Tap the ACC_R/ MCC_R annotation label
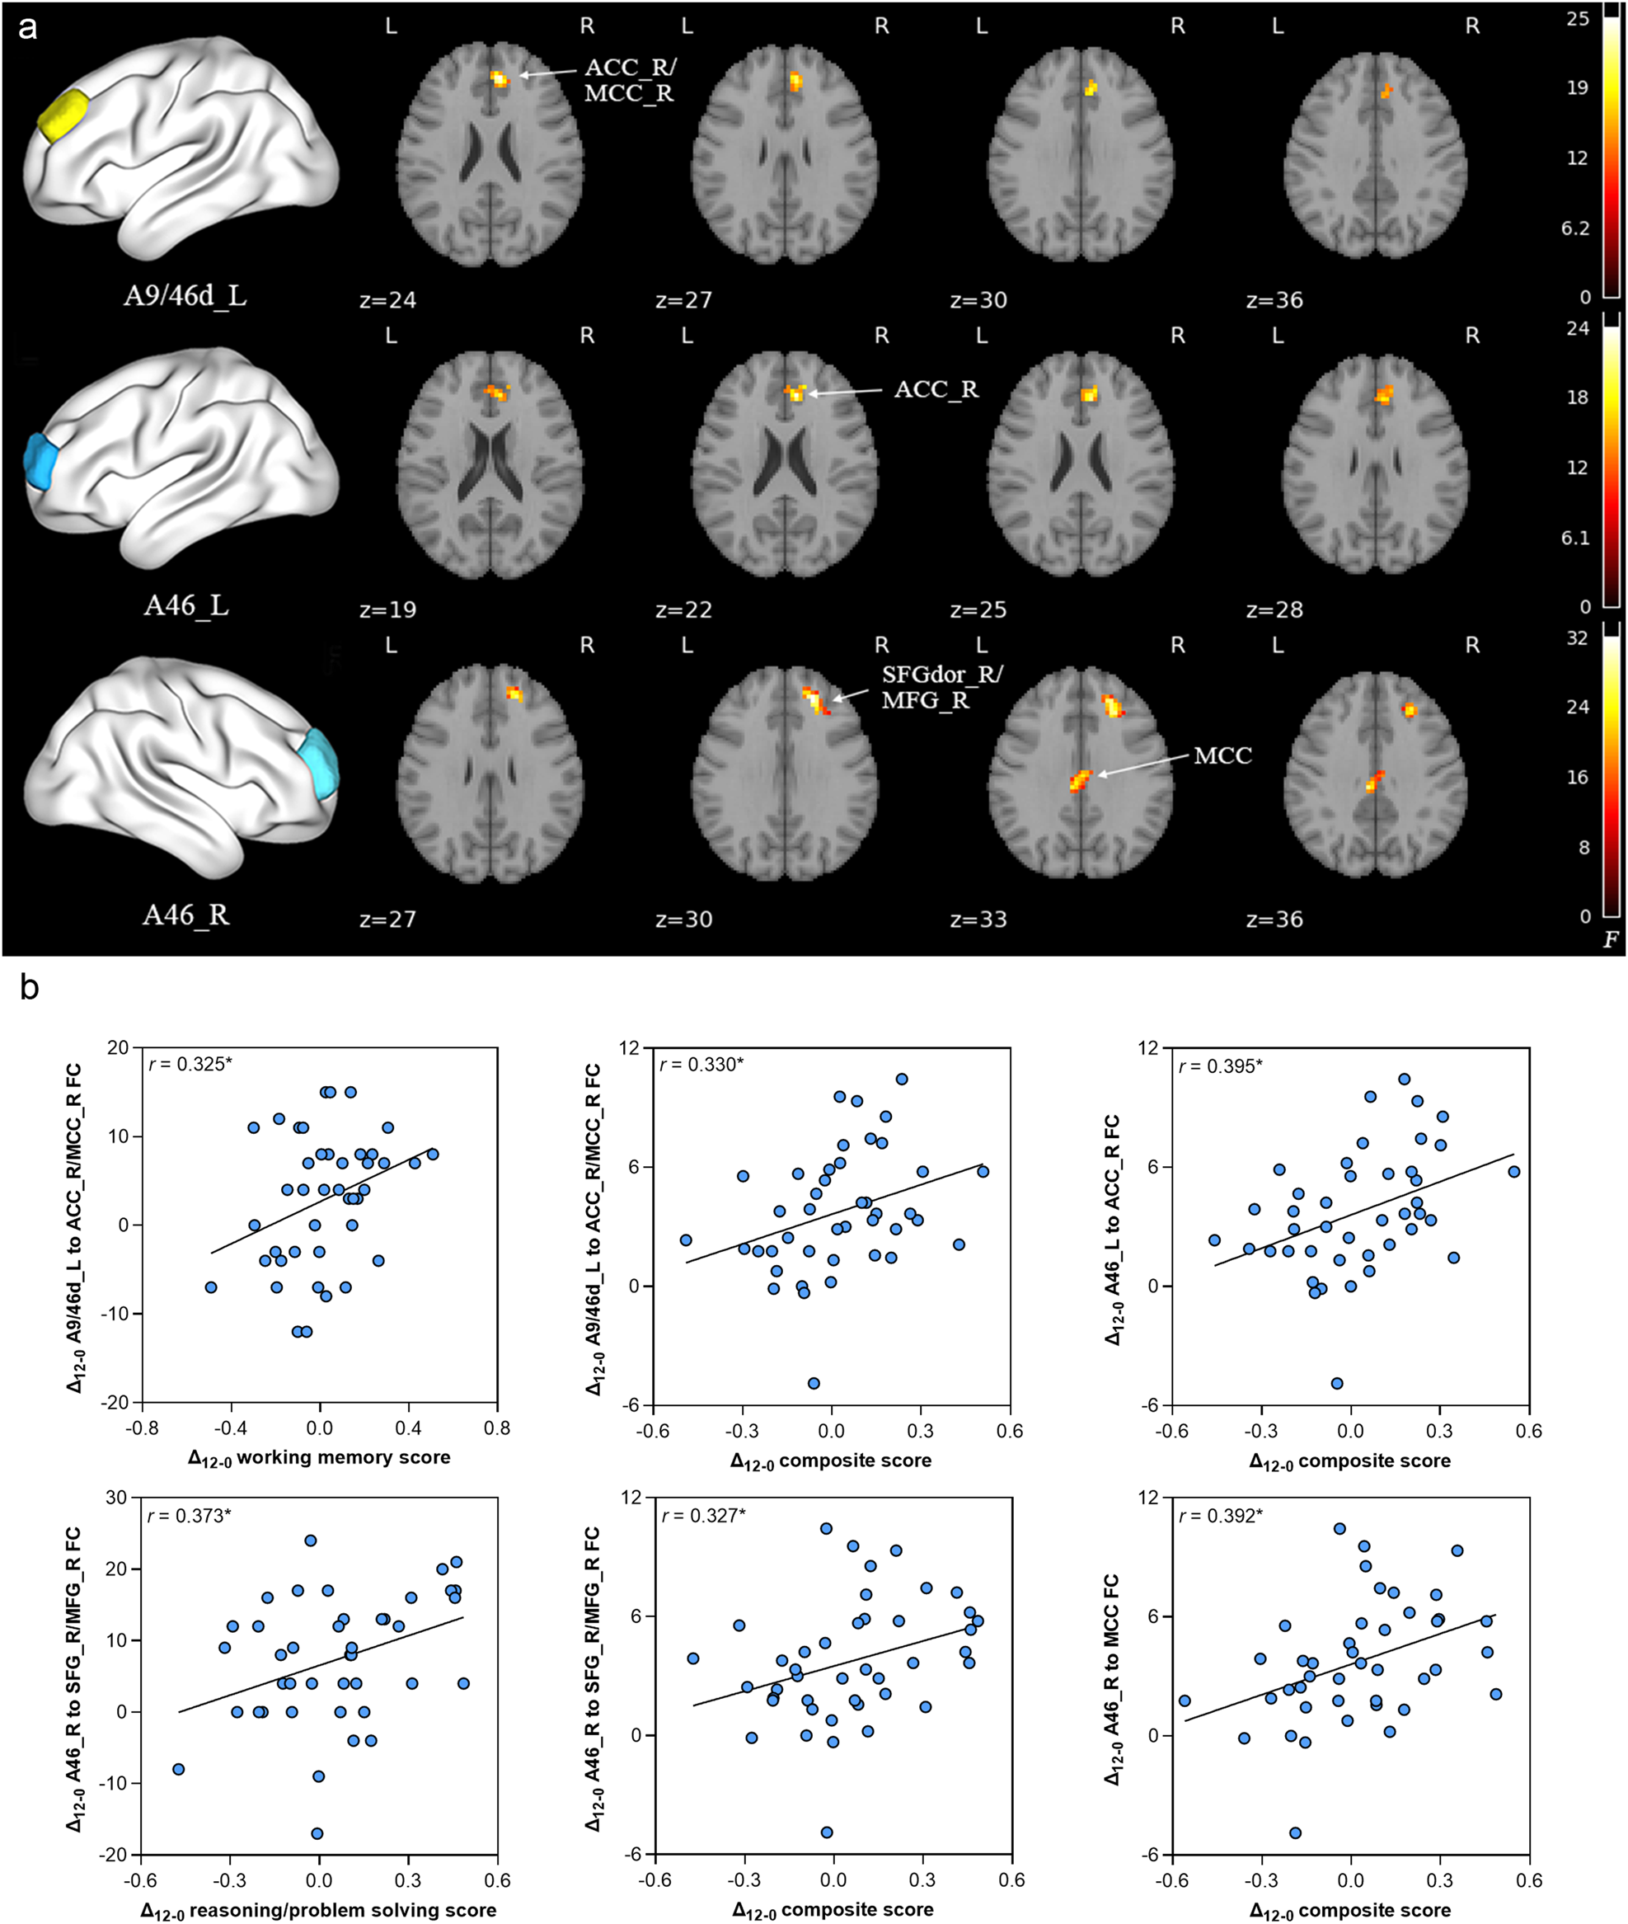630,80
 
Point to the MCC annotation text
1222,756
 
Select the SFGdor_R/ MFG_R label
941,688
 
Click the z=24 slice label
387,300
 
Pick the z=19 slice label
387,609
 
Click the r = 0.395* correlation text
1220,1066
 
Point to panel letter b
29,989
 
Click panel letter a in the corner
28,28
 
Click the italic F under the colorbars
1611,940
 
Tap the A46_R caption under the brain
185,915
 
